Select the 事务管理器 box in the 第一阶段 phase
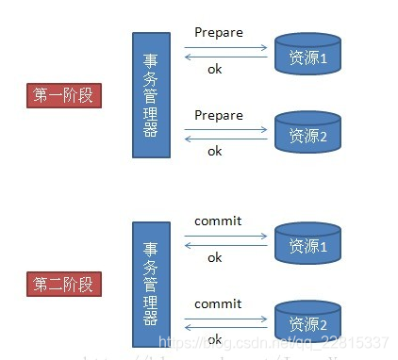click(152, 94)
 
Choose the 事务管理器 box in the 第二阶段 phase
click(152, 284)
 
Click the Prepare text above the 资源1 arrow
click(219, 33)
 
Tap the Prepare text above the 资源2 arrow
click(219, 116)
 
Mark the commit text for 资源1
click(218, 221)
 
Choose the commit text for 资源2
click(218, 303)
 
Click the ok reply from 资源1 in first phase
click(215, 69)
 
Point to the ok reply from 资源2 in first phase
click(215, 151)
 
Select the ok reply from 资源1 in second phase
click(215, 257)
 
